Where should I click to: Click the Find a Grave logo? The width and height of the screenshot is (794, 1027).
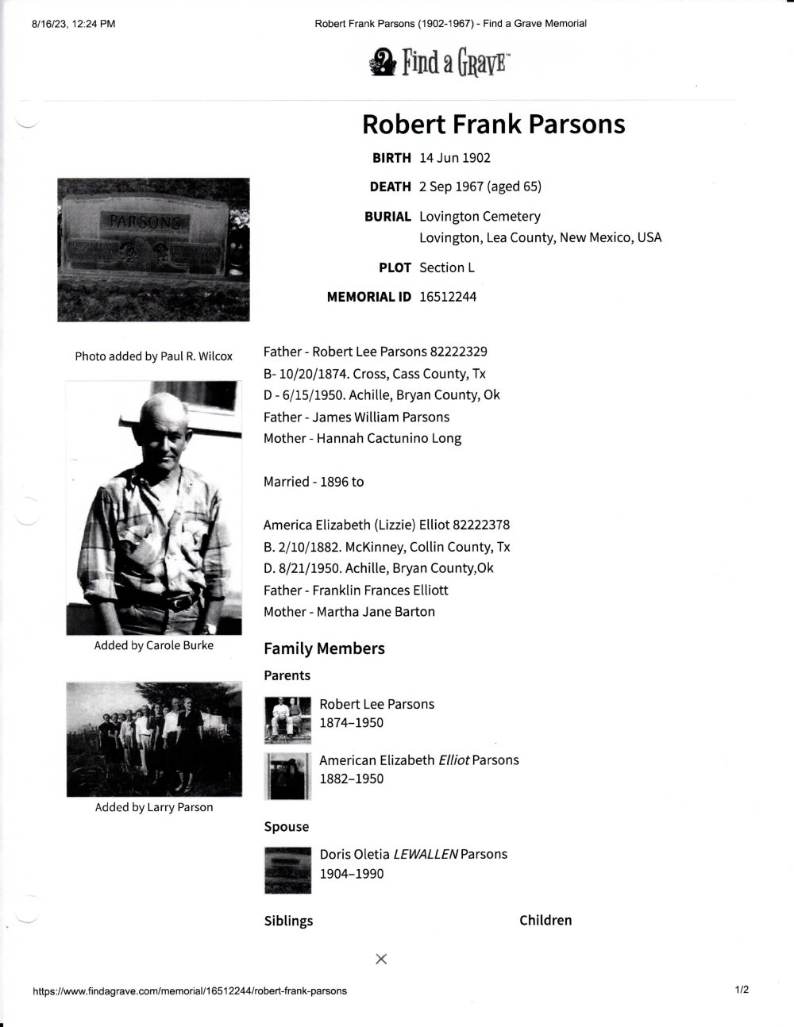439,62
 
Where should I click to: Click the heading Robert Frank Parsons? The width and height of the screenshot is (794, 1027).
493,125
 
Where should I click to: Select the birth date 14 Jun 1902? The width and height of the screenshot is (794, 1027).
455,158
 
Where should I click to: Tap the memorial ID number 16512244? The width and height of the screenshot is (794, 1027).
448,297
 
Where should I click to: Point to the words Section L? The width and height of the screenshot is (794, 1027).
447,267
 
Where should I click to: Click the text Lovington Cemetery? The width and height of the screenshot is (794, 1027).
480,217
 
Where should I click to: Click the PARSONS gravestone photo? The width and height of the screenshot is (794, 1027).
153,249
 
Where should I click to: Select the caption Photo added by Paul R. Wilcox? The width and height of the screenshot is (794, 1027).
153,356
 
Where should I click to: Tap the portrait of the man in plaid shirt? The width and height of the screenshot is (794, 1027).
153,507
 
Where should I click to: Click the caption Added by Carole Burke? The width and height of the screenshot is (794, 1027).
153,645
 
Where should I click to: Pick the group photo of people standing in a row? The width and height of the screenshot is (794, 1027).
153,739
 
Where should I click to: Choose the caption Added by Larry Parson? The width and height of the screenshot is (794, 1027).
153,807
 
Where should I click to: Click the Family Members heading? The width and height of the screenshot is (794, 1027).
324,648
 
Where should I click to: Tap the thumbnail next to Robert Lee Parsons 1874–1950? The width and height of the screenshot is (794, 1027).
287,719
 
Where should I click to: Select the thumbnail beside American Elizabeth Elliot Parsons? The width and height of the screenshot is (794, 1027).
287,775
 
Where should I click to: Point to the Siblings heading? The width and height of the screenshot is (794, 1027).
288,921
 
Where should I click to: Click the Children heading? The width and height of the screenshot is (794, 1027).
545,921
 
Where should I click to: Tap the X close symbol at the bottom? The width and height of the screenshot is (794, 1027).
381,959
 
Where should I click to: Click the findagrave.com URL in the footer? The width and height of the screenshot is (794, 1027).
190,990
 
